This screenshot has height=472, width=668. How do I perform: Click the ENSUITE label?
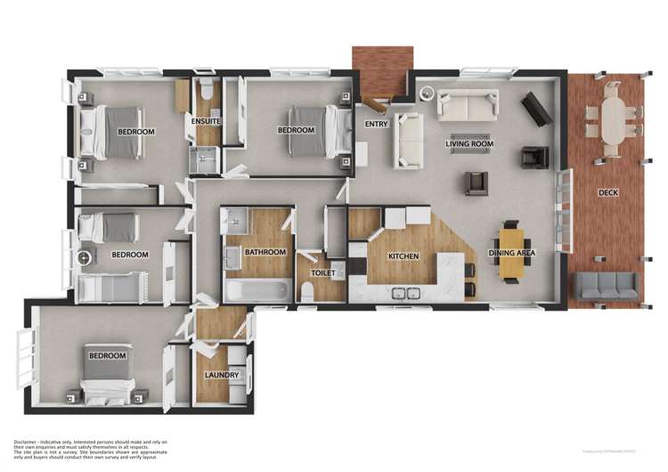pos(206,121)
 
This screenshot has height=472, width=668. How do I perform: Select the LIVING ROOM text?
pos(469,143)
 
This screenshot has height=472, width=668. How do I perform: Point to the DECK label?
pos(608,192)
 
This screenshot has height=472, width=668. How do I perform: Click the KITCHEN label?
pos(403,256)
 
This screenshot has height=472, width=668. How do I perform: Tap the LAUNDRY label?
pos(222,375)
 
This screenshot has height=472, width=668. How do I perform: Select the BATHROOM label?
pos(265,252)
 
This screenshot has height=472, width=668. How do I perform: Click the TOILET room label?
pos(322,273)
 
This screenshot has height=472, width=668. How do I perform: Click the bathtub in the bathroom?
pos(258,290)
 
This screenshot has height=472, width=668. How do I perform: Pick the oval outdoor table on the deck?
pos(614,116)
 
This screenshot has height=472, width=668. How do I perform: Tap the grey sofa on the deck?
pos(606,286)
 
